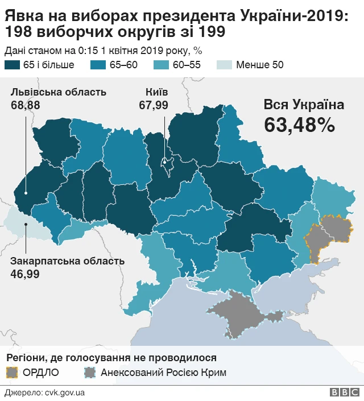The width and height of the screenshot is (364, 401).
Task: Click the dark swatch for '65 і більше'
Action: click(12, 64)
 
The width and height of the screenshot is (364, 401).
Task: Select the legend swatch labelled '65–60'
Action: click(98, 64)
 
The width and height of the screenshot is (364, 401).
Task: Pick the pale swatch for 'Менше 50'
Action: click(226, 64)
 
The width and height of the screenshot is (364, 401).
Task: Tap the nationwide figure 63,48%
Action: click(299, 125)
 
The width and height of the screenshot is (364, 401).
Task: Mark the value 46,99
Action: click(26, 274)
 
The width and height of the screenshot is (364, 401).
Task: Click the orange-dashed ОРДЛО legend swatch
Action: click(12, 373)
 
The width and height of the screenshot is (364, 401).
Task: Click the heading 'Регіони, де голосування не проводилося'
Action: click(111, 358)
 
